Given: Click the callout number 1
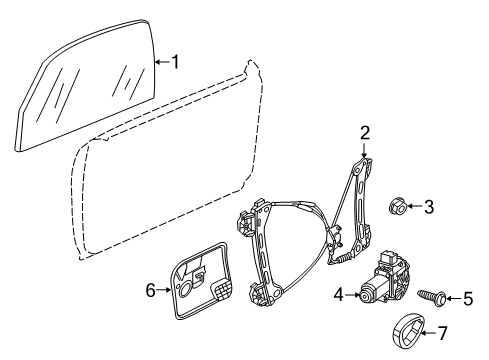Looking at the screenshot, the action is [x=175, y=62].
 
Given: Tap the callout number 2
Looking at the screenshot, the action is [x=365, y=133].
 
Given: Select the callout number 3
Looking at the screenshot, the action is [x=429, y=207].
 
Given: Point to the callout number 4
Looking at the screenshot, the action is [x=339, y=295].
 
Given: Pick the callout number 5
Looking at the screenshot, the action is [x=468, y=298].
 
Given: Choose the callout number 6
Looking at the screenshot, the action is [x=151, y=290].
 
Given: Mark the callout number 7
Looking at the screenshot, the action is [x=442, y=333].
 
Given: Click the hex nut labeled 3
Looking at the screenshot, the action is [x=398, y=206].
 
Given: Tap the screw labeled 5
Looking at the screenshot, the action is [x=432, y=296].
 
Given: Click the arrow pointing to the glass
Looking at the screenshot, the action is [x=162, y=62].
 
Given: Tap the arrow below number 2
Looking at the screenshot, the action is [x=364, y=150].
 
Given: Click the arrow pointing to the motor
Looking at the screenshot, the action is [x=352, y=295].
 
